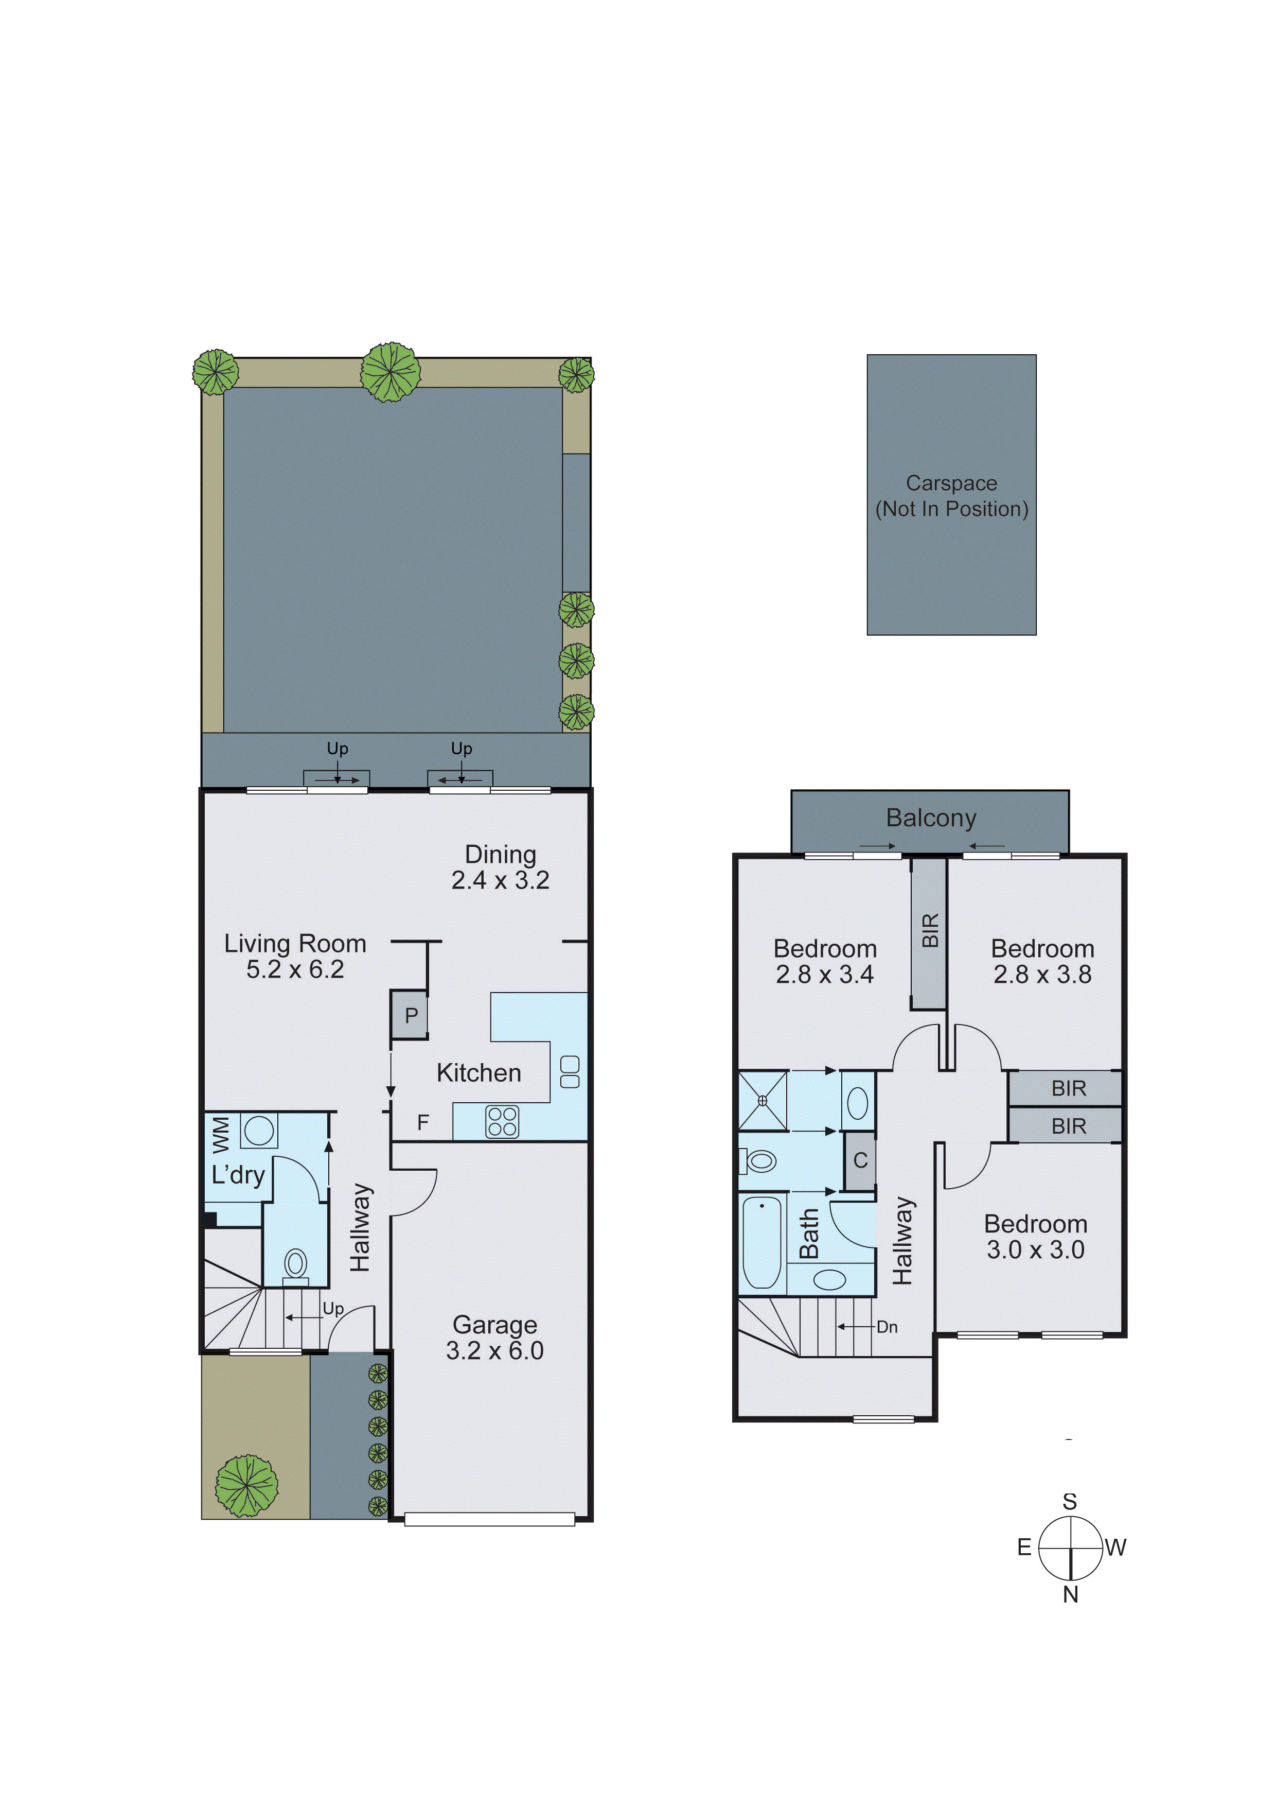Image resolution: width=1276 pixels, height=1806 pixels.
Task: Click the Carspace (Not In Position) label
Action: click(x=951, y=496)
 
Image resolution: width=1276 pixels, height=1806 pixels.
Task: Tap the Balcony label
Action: click(x=931, y=818)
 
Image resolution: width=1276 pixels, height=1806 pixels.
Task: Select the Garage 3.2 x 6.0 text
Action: click(x=494, y=1337)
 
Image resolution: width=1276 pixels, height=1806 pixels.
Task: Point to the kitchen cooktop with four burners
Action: click(x=502, y=1122)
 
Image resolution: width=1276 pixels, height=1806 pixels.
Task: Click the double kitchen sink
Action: click(x=569, y=1072)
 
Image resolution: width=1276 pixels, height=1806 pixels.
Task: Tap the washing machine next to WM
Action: click(x=259, y=1131)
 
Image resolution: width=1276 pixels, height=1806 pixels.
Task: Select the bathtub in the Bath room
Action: click(x=762, y=1242)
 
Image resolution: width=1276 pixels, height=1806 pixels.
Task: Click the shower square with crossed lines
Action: click(x=763, y=1100)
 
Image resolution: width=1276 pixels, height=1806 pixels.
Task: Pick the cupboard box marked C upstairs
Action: click(x=860, y=1160)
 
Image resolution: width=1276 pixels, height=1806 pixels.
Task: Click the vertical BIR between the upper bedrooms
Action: click(x=929, y=933)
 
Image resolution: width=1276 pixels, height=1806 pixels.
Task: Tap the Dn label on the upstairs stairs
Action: click(x=887, y=1327)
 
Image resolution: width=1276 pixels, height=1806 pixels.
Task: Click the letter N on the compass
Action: click(x=1070, y=1594)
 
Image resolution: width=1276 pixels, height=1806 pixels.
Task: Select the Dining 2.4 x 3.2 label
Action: click(x=500, y=867)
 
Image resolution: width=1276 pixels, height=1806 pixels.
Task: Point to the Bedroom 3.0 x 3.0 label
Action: click(x=1035, y=1237)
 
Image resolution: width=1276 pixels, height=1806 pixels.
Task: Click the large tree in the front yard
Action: click(x=247, y=1485)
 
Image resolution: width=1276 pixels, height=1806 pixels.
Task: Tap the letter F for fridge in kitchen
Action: click(x=423, y=1122)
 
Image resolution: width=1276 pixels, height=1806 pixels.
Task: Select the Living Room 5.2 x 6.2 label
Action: click(x=295, y=956)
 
